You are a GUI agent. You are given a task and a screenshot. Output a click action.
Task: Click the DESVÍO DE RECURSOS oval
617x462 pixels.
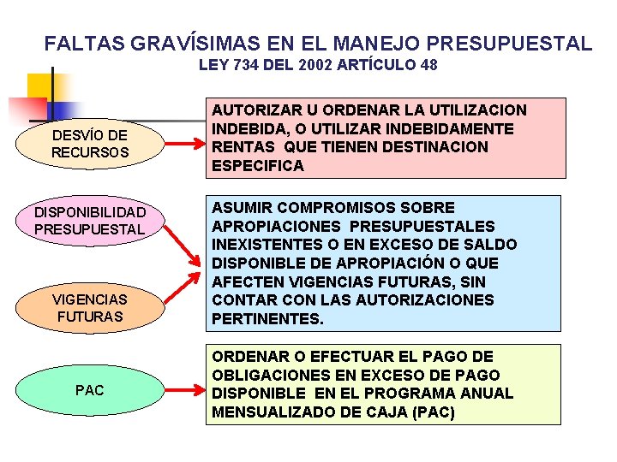point(90,143)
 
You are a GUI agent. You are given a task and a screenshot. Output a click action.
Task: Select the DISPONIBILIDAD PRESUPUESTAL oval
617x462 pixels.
point(90,220)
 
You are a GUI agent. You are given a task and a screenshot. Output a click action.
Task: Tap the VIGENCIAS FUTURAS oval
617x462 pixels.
point(90,307)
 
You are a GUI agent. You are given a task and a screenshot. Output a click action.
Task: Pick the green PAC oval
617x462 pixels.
point(90,390)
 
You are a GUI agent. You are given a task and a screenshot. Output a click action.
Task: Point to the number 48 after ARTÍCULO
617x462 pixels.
point(428,65)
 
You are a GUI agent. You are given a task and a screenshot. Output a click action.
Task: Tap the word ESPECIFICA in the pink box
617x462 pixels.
point(258,166)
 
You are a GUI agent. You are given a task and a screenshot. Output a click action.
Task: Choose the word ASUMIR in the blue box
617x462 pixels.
point(241,208)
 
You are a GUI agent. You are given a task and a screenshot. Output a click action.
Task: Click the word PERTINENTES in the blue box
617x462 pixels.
point(267,319)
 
